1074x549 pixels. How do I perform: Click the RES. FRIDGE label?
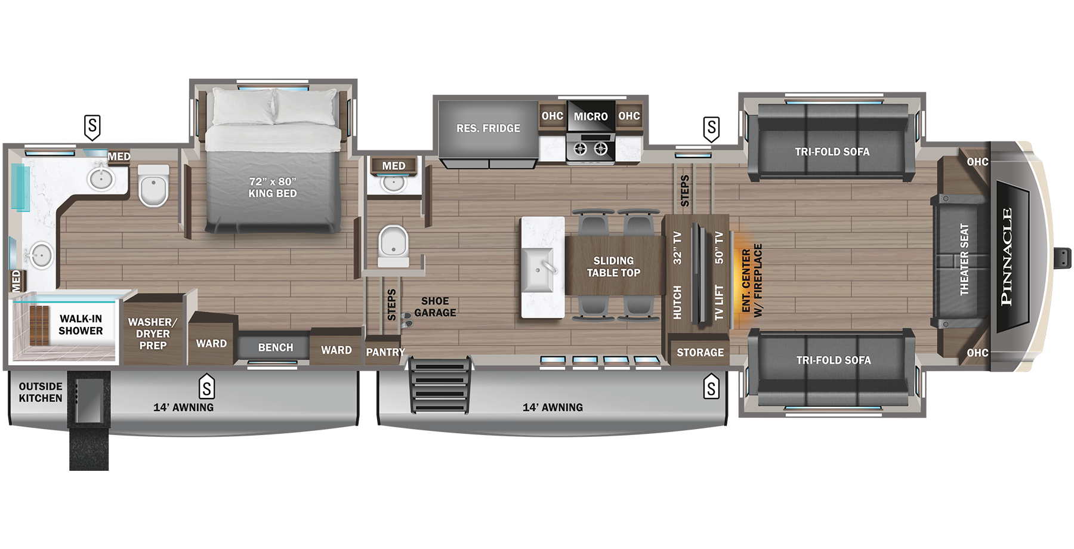[488, 128]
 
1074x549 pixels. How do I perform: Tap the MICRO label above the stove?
[591, 117]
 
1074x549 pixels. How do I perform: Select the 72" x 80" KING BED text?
[273, 187]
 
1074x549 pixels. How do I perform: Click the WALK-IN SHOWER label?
[81, 325]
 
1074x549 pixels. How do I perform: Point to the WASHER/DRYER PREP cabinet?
[153, 334]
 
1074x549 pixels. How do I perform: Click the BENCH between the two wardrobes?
[275, 347]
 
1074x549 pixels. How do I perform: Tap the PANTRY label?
[385, 352]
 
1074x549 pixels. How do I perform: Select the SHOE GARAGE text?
[435, 307]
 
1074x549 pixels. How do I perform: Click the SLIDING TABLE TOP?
[613, 267]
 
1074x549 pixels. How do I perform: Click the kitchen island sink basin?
[538, 270]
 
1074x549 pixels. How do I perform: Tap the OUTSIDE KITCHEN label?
[40, 392]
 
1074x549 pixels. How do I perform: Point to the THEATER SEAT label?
[964, 260]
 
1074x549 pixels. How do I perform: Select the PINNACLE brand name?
[1007, 257]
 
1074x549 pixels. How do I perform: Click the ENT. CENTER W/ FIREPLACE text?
[752, 280]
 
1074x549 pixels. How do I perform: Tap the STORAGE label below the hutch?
[700, 353]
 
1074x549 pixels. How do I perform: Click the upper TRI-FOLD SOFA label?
[832, 152]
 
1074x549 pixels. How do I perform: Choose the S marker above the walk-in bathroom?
[92, 127]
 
